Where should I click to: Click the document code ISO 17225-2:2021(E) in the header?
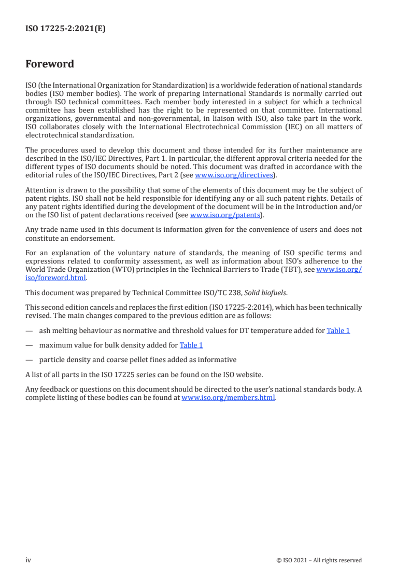tap(65, 30)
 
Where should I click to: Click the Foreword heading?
tap(50, 64)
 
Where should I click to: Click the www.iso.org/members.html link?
tap(228, 398)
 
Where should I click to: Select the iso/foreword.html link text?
tap(55, 278)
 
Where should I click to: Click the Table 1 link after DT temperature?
tap(338, 330)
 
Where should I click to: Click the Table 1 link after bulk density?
tap(191, 345)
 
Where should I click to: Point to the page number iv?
tap(28, 560)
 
